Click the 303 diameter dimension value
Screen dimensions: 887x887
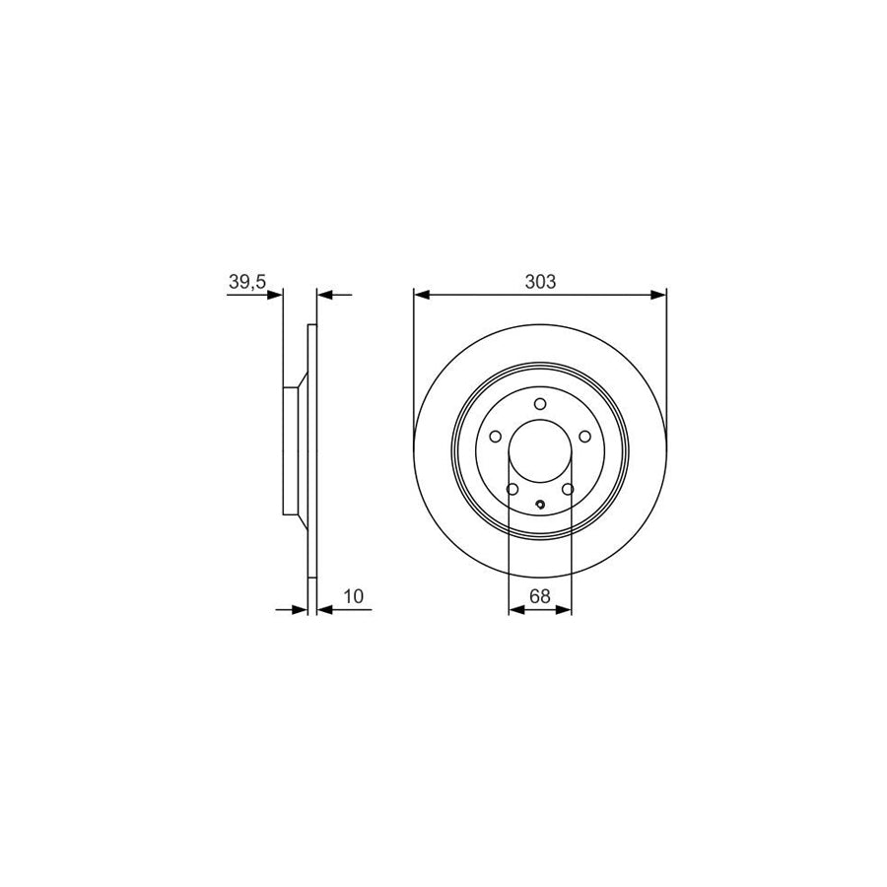click(x=540, y=281)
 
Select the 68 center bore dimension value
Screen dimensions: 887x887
click(x=539, y=596)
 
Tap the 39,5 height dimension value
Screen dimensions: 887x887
click(x=247, y=281)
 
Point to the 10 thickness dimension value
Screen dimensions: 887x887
click(x=354, y=596)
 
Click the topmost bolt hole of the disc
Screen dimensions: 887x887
click(x=540, y=403)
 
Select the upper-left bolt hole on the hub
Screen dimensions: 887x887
click(x=496, y=437)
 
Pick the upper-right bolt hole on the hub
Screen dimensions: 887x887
click(x=584, y=437)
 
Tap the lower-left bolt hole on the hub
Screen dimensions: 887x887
click(x=512, y=489)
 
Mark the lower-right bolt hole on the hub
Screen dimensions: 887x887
click(x=569, y=489)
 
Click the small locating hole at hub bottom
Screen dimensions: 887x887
click(x=540, y=508)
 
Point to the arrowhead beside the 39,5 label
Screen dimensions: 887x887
click(x=275, y=294)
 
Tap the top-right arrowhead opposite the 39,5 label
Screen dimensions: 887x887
click(x=325, y=294)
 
